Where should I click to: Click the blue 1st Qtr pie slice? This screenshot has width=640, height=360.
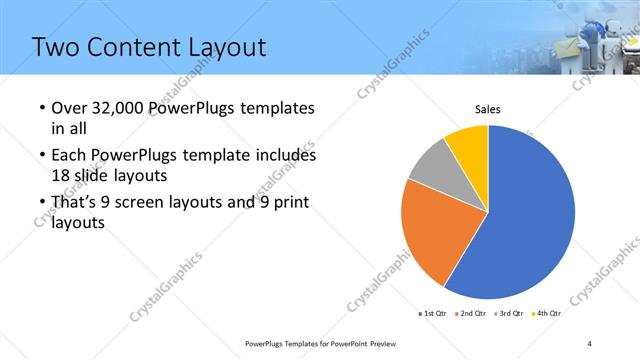click(x=530, y=220)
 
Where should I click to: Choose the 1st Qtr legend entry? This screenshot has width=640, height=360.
click(x=431, y=314)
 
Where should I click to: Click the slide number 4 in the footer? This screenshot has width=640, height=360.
click(x=590, y=343)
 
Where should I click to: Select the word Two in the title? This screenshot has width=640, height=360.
click(x=56, y=46)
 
